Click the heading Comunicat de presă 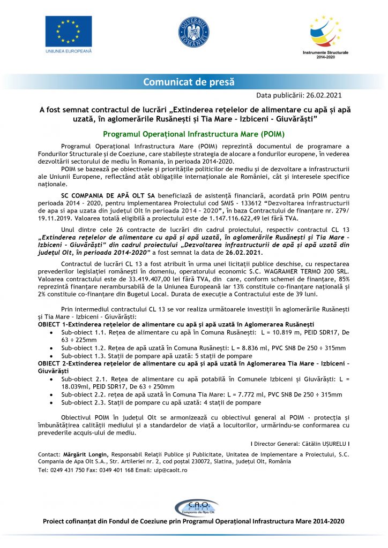(188, 82)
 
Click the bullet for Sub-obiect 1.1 (50, 332)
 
